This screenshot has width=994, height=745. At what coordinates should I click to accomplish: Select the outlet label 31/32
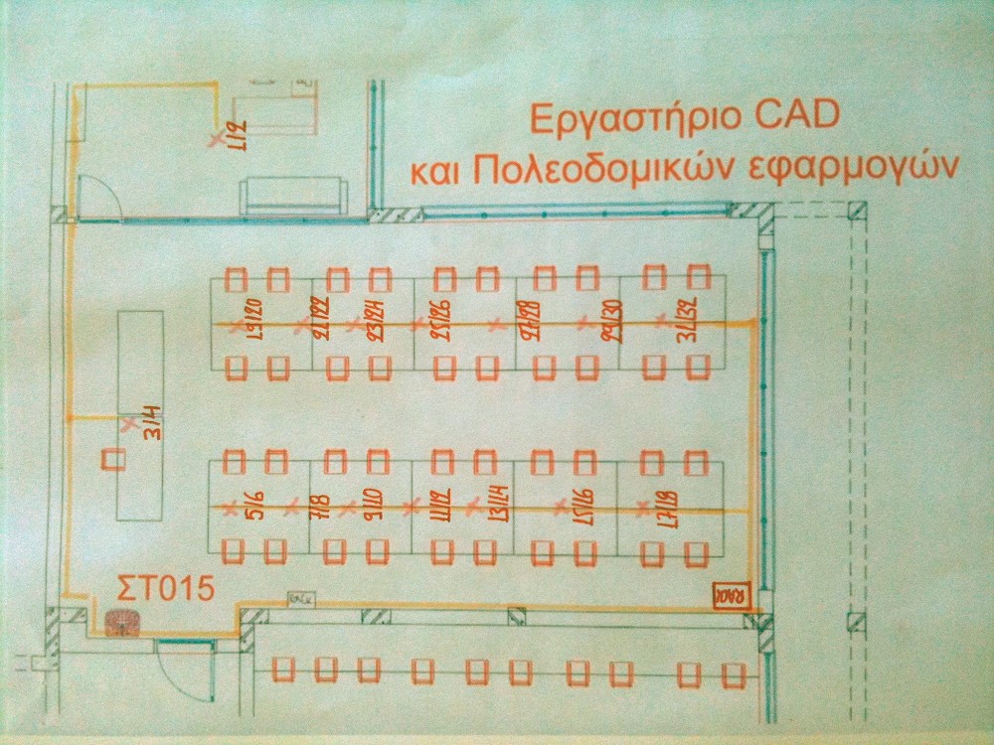[x=682, y=320]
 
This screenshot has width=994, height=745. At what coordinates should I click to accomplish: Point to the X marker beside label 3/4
[x=127, y=424]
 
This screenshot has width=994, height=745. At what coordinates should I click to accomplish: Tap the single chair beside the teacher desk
[x=113, y=460]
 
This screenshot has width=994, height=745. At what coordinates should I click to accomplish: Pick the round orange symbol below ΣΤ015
[x=122, y=622]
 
